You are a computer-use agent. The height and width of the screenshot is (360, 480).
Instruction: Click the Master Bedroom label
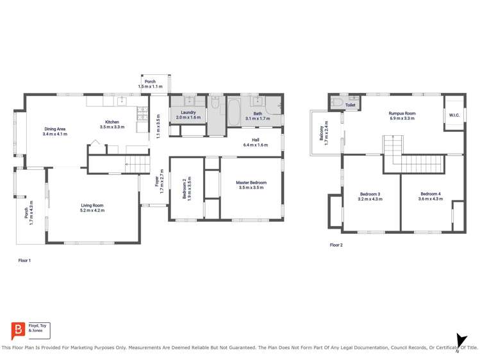252,183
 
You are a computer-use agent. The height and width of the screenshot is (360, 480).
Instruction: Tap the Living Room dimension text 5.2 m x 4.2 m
92,210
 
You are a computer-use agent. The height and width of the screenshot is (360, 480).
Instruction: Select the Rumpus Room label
402,113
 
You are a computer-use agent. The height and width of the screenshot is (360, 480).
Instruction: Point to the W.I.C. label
454,115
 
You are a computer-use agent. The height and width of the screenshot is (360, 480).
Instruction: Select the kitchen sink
121,101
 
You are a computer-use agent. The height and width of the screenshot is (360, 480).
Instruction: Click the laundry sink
189,101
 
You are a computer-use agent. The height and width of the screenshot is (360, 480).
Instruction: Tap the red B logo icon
19,331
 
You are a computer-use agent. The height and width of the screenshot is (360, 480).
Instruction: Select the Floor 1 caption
24,261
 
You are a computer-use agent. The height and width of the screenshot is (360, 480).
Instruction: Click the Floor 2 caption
336,245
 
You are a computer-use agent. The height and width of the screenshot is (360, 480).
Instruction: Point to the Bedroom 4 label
431,194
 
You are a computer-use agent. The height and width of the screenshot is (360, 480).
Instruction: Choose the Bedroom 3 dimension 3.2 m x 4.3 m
370,199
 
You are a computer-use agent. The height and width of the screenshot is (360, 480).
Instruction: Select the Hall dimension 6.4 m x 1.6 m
255,145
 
